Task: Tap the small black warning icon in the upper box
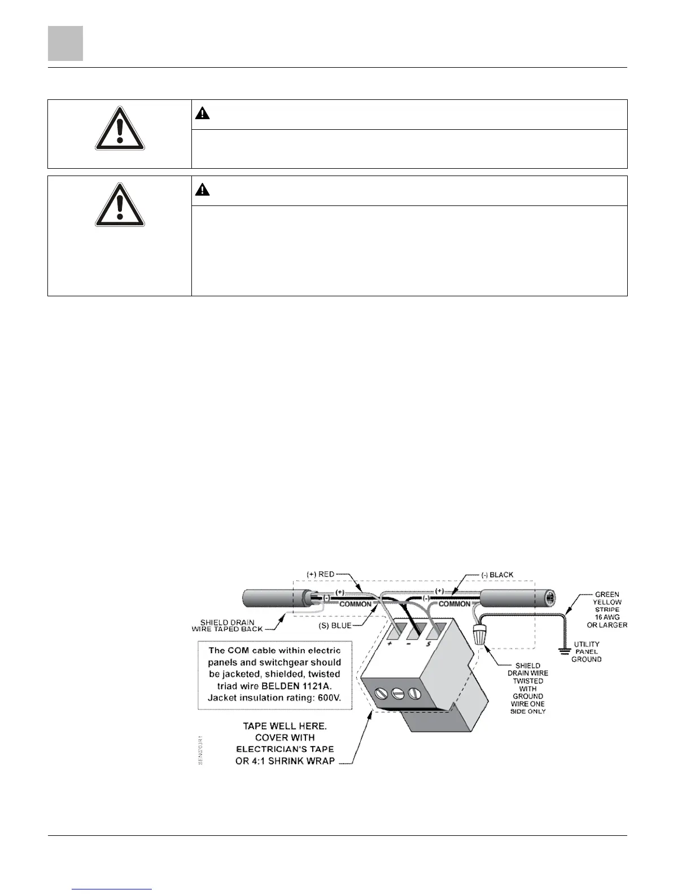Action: [x=203, y=113]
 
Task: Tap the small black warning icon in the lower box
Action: [x=203, y=190]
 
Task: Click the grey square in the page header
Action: [x=65, y=43]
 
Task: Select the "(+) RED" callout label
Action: [x=320, y=574]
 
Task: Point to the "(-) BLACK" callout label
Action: [x=497, y=575]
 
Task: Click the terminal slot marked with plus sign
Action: [x=394, y=630]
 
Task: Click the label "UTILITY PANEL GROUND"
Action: [x=587, y=651]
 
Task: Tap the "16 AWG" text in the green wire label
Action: [x=606, y=617]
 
